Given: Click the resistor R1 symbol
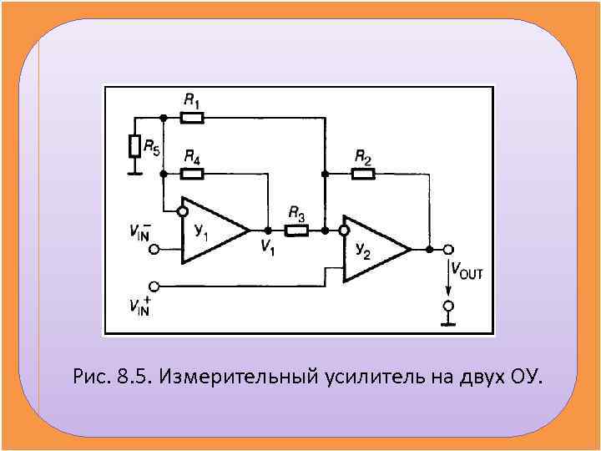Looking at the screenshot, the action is point(192,118).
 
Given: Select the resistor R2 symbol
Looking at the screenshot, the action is point(363,173).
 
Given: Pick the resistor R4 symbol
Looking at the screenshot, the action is point(192,174).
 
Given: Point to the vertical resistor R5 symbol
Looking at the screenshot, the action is point(134,148).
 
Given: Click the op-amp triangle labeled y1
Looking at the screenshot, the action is point(213,230).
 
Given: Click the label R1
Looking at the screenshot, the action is point(191,101).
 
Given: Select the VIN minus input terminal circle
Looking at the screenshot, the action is point(153,249).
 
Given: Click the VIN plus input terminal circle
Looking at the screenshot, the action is point(153,286).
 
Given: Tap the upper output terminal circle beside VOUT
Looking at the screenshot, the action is point(448,249).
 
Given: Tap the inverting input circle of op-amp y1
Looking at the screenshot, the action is point(183,211).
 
